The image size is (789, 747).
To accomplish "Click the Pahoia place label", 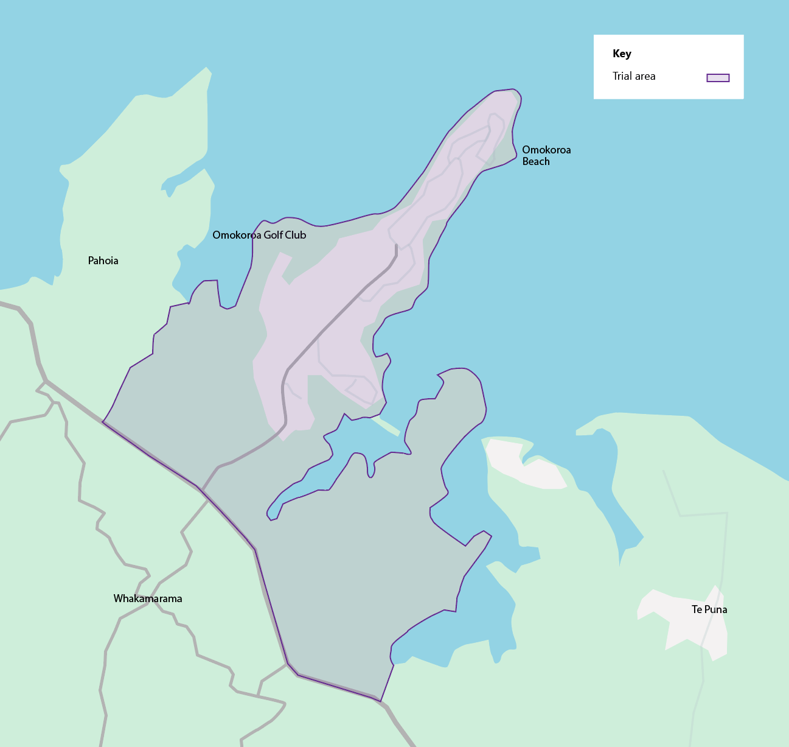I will pyautogui.click(x=103, y=261).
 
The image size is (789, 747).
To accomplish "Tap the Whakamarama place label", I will pyautogui.click(x=148, y=598).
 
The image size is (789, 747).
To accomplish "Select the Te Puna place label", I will pyautogui.click(x=709, y=609).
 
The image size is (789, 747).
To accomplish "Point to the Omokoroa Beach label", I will pyautogui.click(x=546, y=155).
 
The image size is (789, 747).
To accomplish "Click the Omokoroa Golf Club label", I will pyautogui.click(x=259, y=235).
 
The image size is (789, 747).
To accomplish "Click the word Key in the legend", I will pyautogui.click(x=622, y=54).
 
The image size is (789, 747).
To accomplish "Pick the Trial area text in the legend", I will pyautogui.click(x=634, y=76).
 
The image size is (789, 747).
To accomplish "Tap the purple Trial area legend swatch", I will pyautogui.click(x=718, y=77).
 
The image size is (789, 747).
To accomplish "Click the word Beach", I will pyautogui.click(x=536, y=161).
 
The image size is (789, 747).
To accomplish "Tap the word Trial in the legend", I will pyautogui.click(x=623, y=76).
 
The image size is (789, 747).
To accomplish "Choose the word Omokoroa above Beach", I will pyautogui.click(x=546, y=150).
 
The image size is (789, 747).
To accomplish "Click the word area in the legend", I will pyautogui.click(x=645, y=76).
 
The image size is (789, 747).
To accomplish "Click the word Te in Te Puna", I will pyautogui.click(x=697, y=609).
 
